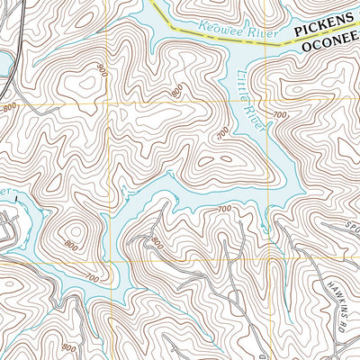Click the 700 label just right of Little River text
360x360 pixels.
(280, 115)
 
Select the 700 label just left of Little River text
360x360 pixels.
(222, 133)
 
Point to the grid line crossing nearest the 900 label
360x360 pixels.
(108, 103)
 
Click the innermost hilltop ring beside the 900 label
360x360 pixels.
(87, 83)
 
